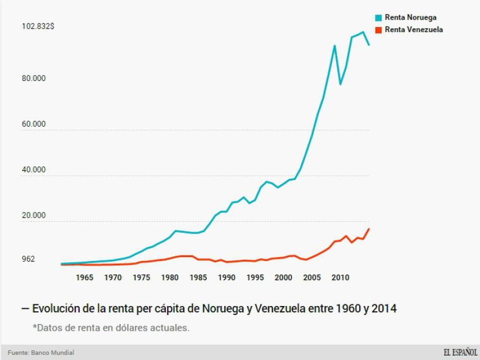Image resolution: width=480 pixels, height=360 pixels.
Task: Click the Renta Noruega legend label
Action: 410,17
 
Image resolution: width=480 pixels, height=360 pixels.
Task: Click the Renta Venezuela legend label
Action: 414,29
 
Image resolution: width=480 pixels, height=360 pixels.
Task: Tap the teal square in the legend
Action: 379,17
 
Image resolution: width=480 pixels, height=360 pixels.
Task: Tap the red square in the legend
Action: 379,29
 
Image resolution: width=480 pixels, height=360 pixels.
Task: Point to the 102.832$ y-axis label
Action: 38,26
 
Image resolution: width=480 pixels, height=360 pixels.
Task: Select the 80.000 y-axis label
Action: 34,78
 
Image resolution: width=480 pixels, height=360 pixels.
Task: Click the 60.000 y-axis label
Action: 34,124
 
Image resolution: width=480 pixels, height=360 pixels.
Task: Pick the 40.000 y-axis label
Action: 34,170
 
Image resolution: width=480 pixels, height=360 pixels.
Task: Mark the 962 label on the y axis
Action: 28,259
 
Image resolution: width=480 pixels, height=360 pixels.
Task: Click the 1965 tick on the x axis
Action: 84,277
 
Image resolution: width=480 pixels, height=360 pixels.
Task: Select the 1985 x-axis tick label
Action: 198,277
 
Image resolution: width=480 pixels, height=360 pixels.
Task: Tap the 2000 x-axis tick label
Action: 283,277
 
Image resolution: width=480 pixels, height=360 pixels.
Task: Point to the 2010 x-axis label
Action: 340,277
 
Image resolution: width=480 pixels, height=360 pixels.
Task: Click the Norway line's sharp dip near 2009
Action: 340,84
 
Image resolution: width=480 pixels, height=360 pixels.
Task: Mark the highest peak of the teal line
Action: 363,32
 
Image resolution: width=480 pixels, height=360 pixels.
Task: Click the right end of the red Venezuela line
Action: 369,228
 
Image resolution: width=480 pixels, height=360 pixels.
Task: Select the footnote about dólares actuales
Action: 111,327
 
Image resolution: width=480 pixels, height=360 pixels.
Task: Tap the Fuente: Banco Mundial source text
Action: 41,353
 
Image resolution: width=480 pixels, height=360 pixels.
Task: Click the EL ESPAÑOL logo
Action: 460,353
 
